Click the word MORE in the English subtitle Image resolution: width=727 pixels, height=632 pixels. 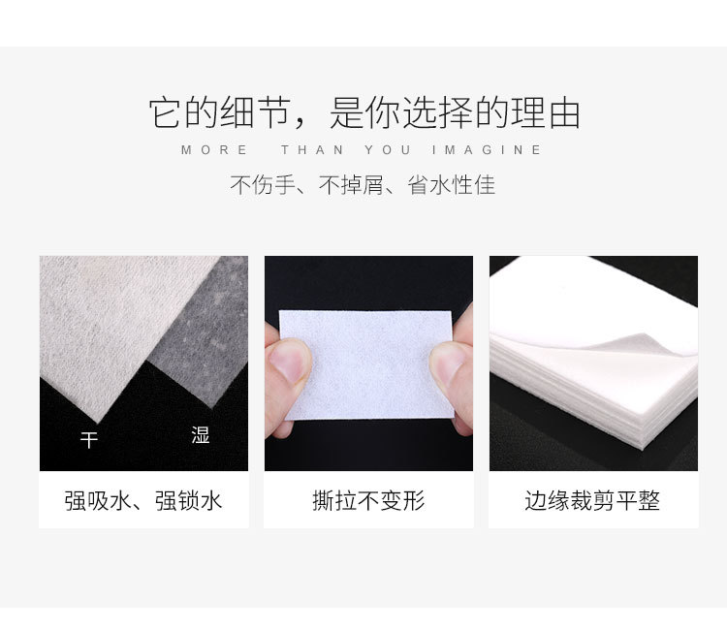214,150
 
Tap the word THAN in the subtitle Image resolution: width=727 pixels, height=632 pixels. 312,150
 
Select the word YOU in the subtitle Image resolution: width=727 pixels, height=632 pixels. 388,150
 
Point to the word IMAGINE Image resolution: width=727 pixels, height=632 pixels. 487,150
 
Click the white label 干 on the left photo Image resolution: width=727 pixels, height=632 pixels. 89,440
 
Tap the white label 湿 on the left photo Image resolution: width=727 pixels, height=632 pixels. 201,435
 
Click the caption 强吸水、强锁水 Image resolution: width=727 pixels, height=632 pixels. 143,501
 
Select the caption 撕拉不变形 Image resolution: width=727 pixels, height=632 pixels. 368,501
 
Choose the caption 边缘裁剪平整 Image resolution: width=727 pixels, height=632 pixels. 592,501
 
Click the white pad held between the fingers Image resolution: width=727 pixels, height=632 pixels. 366,364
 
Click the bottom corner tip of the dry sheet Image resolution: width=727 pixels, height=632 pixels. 97,423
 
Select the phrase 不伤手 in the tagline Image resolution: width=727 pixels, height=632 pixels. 263,185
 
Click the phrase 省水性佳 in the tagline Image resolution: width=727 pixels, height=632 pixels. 451,185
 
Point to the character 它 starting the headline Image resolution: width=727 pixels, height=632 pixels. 165,112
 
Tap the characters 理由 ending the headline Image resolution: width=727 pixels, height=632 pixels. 546,112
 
